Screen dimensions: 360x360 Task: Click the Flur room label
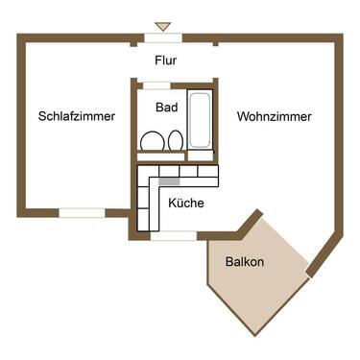point(164,60)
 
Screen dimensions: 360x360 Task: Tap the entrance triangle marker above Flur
point(162,26)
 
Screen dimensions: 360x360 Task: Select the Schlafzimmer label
point(77,116)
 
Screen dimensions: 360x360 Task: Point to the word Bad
point(166,108)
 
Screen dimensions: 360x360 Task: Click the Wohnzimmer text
point(274,116)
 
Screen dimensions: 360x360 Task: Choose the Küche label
point(184,203)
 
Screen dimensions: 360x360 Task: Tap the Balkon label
point(245,261)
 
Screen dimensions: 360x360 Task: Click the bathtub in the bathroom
point(200,121)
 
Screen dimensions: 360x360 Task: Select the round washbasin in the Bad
point(151,142)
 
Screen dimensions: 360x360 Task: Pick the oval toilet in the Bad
point(175,142)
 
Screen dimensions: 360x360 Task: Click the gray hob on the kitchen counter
point(169,180)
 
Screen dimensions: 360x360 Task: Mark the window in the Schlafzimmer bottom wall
point(83,211)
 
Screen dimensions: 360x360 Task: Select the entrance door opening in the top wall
point(163,37)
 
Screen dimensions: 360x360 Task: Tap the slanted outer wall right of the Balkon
point(324,251)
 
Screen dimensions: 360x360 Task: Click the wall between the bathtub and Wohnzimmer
point(216,125)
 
